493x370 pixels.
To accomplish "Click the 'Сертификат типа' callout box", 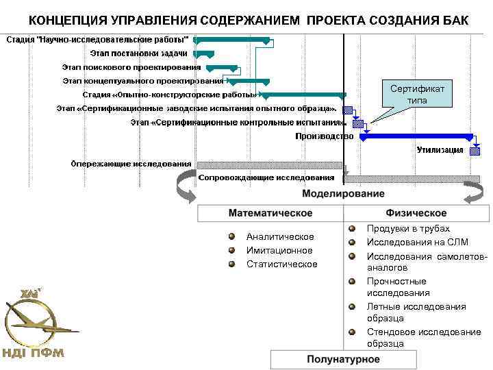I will coord(417,95).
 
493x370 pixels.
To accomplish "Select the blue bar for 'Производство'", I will coord(416,137).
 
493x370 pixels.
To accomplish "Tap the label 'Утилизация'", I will coord(440,150).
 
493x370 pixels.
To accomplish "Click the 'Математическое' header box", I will coord(270,213).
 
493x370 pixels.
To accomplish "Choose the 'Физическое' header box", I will coord(416,213).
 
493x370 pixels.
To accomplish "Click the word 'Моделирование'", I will coord(343,194).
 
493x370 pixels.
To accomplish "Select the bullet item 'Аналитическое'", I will coord(280,236).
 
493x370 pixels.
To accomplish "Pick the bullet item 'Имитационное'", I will coord(279,250).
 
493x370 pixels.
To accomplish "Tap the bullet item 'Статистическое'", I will coord(282,264).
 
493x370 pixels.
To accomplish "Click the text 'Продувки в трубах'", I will coord(408,228).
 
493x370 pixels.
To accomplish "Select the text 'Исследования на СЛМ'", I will coord(417,242).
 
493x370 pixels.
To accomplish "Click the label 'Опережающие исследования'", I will coord(132,164).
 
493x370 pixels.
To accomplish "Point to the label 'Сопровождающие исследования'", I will coord(266,178).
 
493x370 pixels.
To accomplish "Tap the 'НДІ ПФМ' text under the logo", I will coord(34,354).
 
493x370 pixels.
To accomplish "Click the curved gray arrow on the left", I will coord(185,186).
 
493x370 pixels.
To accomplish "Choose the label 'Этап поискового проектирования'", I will coord(131,67).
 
